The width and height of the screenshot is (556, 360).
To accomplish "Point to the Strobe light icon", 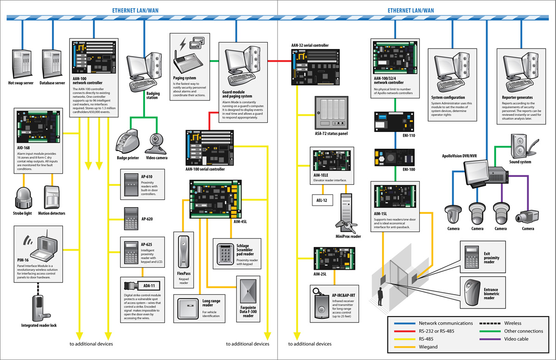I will (x=22, y=198).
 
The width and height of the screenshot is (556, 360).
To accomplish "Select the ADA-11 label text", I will (x=149, y=285).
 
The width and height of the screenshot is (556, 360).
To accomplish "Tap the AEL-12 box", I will (x=322, y=200).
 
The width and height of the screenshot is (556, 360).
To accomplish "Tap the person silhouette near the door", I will (x=380, y=297).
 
